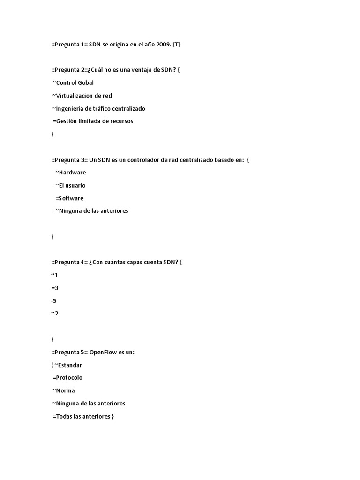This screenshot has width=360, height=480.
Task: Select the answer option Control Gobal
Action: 75,83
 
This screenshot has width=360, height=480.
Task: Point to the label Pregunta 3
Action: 70,160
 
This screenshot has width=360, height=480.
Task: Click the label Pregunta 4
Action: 70,262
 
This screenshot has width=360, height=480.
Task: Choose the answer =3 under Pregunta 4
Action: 55,288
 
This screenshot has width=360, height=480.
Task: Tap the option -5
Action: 54,300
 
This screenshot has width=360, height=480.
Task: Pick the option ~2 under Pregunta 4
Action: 55,314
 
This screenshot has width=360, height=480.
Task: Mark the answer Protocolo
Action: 70,377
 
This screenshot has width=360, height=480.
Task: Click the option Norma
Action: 65,390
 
